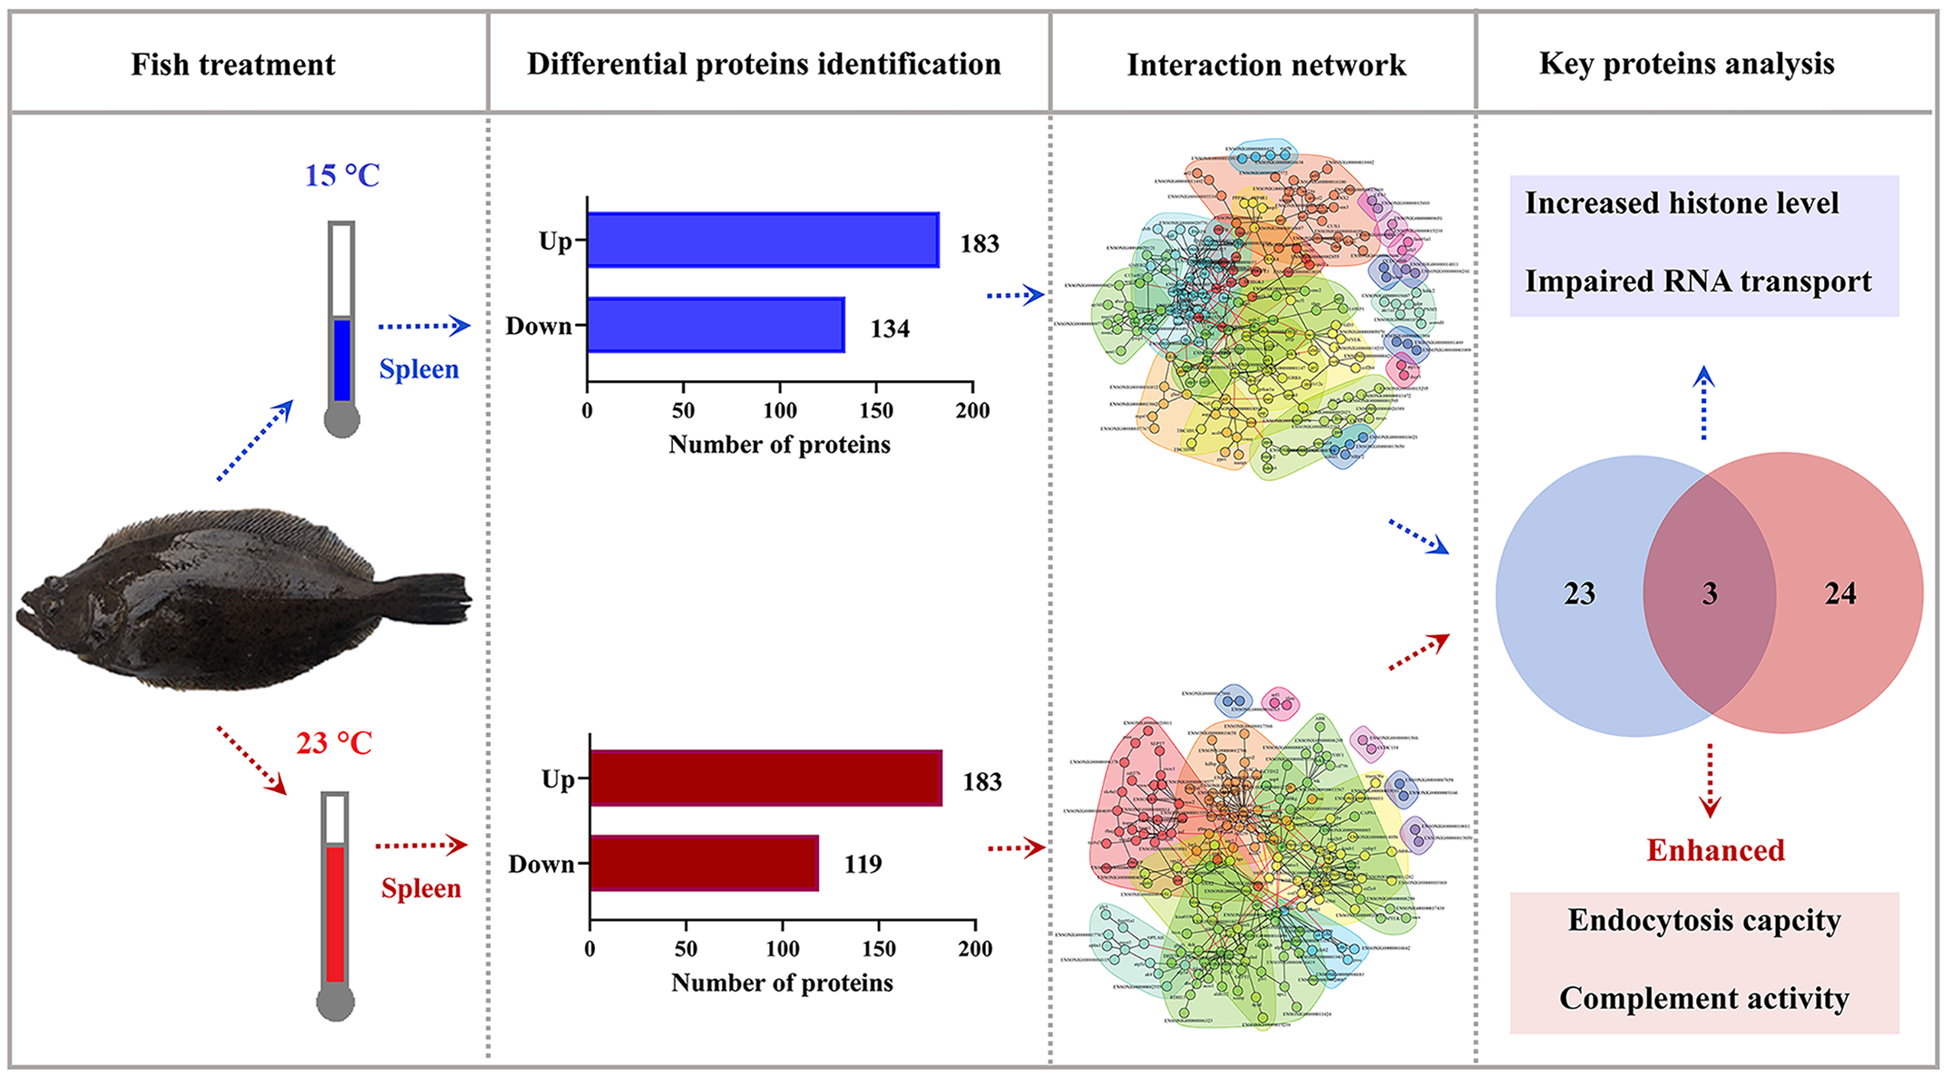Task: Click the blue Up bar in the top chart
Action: coord(763,240)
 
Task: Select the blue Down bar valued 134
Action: coord(716,325)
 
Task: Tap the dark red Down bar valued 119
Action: coord(704,863)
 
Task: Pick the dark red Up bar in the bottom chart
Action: coord(765,779)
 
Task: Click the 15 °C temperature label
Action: coord(342,175)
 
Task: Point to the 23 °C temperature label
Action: coord(334,743)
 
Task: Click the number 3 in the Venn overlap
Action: coord(1710,593)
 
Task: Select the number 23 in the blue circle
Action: coord(1579,593)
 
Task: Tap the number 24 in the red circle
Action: coord(1840,593)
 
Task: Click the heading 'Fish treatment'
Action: coord(233,65)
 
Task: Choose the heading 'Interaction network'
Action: coord(1266,65)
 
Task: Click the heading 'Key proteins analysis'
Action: coord(1686,64)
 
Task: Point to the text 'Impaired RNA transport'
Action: coord(1698,281)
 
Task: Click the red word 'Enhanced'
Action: coord(1715,850)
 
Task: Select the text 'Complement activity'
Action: coord(1704,998)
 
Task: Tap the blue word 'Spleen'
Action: coord(419,369)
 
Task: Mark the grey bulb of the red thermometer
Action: coord(335,1003)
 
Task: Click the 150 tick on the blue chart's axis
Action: coord(876,410)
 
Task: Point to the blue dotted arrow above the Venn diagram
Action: coord(1704,403)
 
